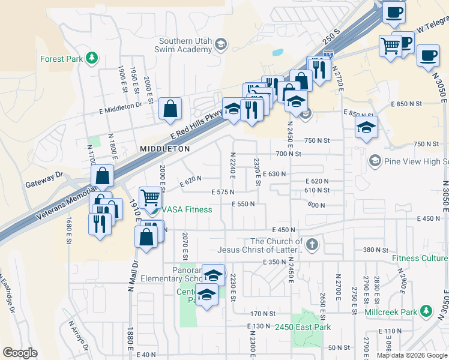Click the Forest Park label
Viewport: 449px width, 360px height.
coord(61,59)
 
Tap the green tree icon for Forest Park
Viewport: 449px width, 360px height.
coord(91,58)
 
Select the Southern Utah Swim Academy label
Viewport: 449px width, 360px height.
coord(185,46)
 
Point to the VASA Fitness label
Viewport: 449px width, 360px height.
coord(185,209)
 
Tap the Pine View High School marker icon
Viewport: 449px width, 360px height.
coord(375,160)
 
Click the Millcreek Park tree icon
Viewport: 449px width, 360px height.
coord(426,311)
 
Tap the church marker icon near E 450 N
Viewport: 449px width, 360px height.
coord(311,244)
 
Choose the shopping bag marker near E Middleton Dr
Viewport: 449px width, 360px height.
coord(171,109)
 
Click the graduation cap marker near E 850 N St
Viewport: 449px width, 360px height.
coord(366,127)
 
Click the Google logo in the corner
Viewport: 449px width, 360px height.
coord(20,353)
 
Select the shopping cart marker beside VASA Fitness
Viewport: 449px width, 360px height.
coord(151,197)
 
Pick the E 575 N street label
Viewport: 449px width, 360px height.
coord(223,191)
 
